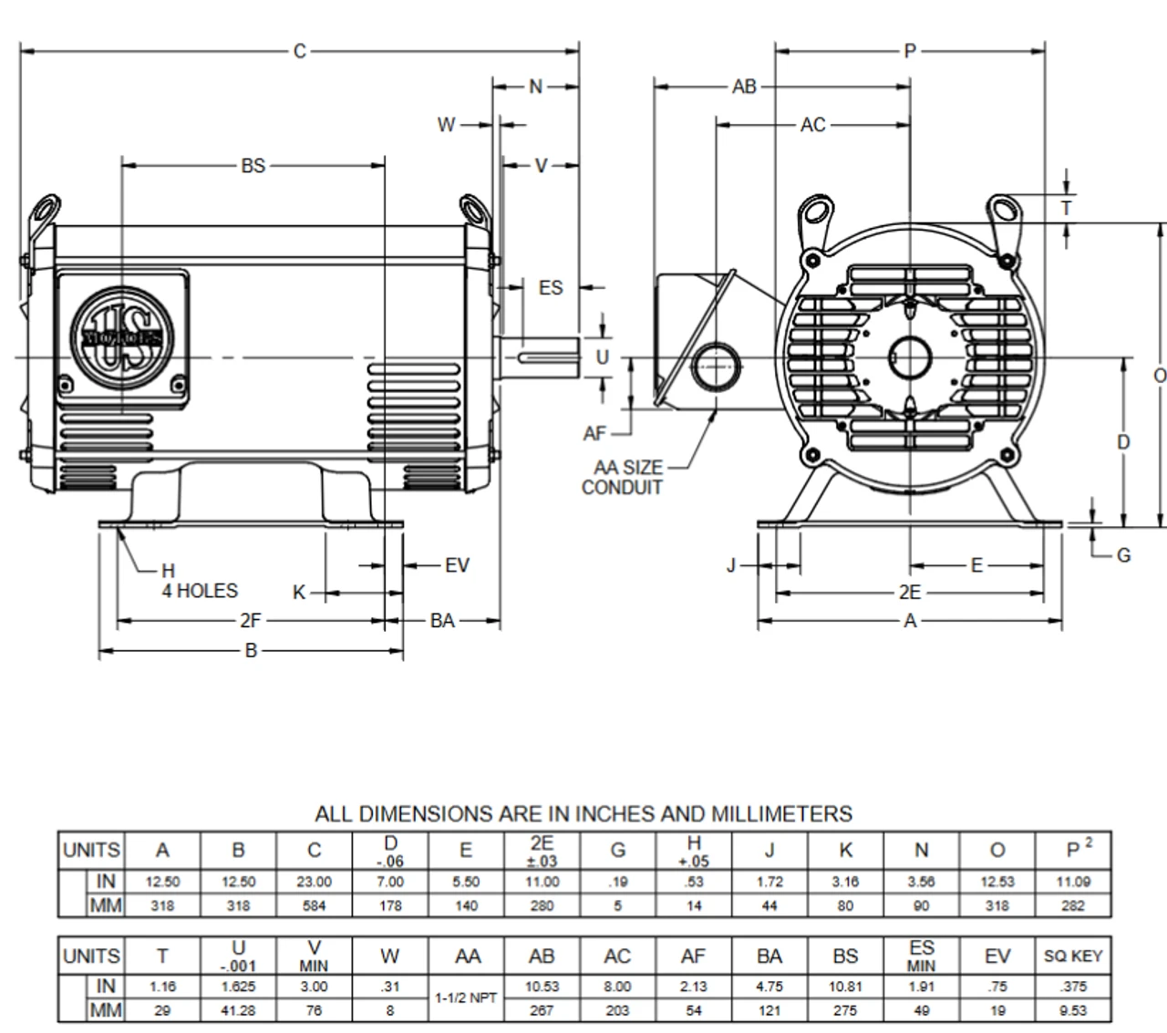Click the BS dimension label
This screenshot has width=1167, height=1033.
[x=253, y=165]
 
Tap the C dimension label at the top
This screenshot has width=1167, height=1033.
[x=300, y=51]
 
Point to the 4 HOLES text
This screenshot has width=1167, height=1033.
[x=200, y=591]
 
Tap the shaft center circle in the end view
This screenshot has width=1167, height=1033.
[x=909, y=356]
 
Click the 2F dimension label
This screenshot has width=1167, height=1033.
[x=251, y=621]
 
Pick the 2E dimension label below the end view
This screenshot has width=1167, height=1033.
[x=910, y=593]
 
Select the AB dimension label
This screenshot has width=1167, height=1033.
[x=745, y=87]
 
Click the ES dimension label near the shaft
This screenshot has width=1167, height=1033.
[x=551, y=287]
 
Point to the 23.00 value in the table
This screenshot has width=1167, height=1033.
[x=314, y=882]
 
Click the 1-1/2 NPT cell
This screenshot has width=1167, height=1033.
[x=466, y=997]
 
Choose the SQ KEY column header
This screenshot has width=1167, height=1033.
[x=1073, y=956]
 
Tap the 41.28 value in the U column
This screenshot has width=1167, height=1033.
[x=238, y=1010]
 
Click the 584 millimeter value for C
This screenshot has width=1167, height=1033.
[x=314, y=905]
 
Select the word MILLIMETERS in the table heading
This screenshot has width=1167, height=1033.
[x=768, y=813]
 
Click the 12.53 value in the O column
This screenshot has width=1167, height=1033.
[x=997, y=882]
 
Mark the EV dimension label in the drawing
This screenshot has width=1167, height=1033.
[x=457, y=565]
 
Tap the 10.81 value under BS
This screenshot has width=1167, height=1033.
[x=845, y=987]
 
